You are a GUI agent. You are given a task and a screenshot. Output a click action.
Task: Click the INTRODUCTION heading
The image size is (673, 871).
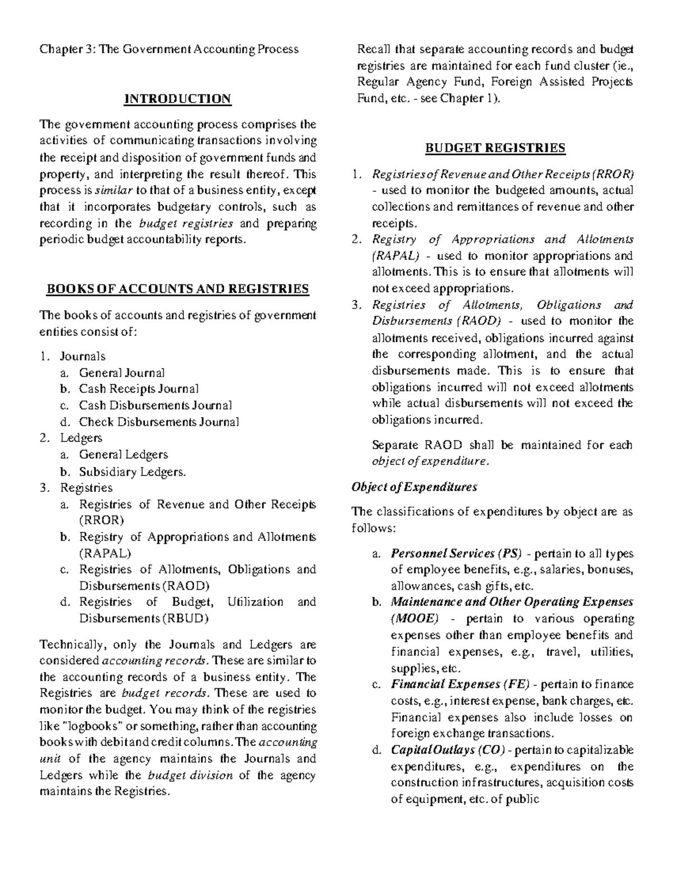[x=177, y=99]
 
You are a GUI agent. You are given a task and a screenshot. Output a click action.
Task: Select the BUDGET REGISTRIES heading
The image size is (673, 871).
[x=495, y=149]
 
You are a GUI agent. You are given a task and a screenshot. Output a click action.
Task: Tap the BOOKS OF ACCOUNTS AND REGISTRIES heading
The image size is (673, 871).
[x=177, y=289]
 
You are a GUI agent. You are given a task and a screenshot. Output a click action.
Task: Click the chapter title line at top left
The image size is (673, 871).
[x=168, y=49]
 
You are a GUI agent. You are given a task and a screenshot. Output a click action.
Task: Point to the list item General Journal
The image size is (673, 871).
[x=122, y=372]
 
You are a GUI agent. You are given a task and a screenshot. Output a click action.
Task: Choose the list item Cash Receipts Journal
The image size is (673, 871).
[x=139, y=389]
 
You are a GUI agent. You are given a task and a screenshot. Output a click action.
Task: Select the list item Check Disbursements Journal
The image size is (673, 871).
[x=159, y=422]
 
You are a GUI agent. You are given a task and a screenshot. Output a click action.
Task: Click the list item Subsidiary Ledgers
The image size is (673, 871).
[x=132, y=472]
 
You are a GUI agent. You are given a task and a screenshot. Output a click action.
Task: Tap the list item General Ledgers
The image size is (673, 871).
[x=123, y=454]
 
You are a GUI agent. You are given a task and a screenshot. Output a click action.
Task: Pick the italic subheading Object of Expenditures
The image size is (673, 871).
[x=414, y=487]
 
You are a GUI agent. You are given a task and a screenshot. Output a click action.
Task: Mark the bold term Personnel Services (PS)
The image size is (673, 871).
[x=456, y=554]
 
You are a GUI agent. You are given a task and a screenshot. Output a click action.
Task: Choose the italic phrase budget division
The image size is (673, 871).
[x=190, y=776]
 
